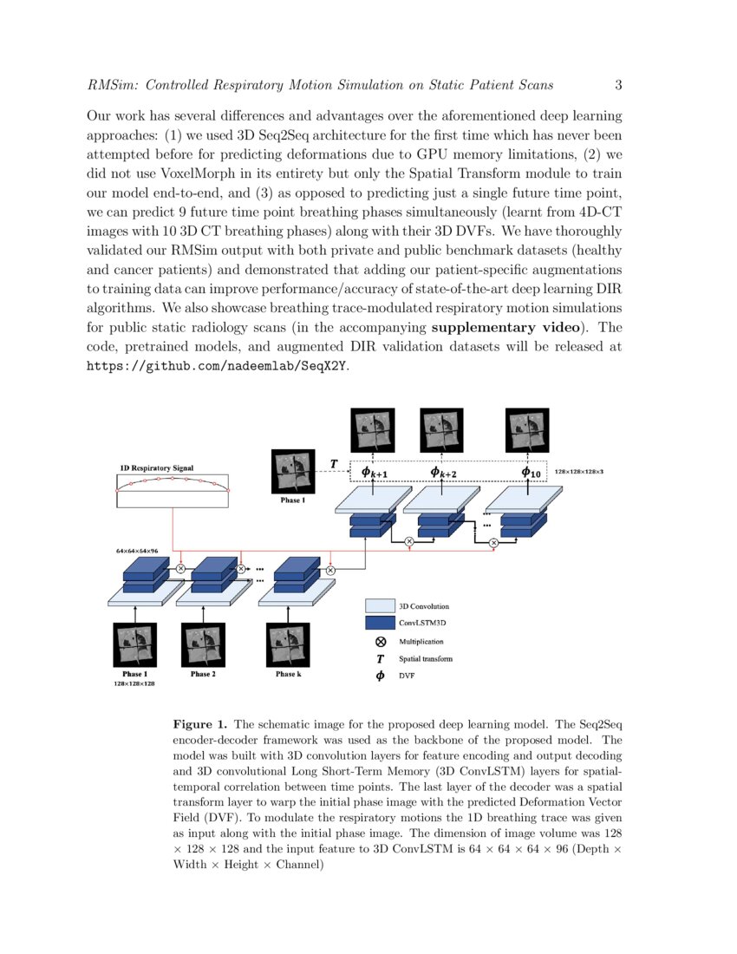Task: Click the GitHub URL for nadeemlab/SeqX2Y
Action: coord(218,366)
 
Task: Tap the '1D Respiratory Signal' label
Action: coord(156,468)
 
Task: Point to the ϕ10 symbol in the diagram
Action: coord(531,472)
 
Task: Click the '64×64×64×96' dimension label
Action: coord(137,551)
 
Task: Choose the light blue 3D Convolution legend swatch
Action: coord(380,605)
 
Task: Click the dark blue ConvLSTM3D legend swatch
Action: coord(380,623)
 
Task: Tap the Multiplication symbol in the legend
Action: coord(380,642)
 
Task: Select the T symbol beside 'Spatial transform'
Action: coord(380,659)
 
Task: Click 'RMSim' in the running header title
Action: coord(112,85)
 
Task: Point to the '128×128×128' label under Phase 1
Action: coord(134,684)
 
